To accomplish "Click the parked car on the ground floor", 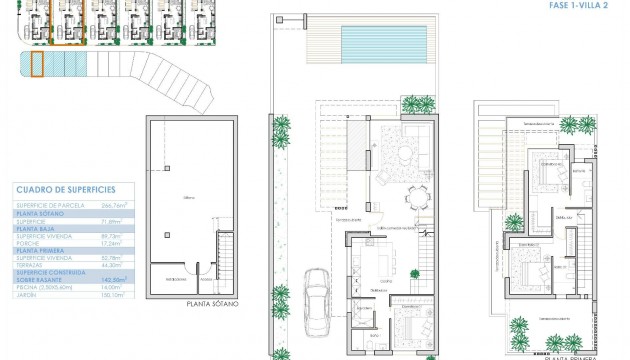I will click(x=319, y=298).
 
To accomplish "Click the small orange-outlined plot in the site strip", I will click(x=37, y=65).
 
